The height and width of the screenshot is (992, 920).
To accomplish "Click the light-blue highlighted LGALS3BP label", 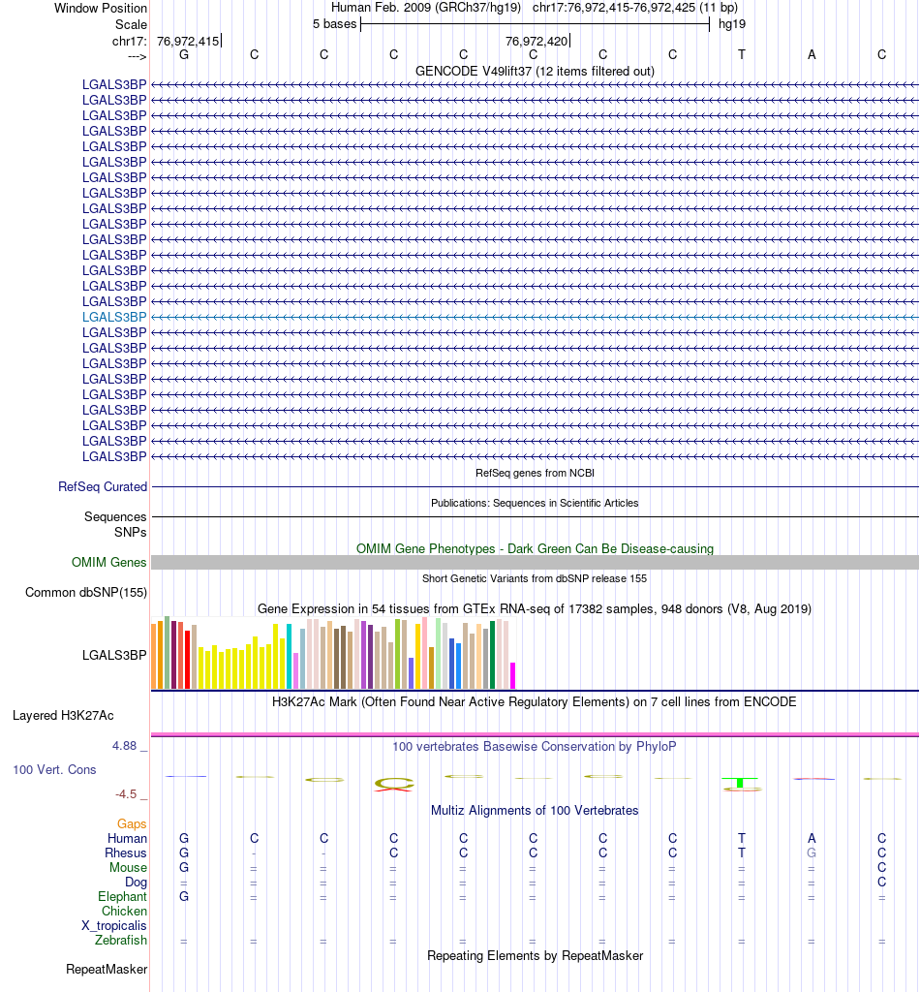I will [114, 317].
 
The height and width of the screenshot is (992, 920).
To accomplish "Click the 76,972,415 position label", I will [188, 41].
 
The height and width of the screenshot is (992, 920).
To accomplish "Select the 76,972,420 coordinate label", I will [537, 41].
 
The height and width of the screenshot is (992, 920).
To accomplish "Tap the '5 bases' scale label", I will [334, 23].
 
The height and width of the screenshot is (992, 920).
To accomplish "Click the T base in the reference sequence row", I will [742, 54].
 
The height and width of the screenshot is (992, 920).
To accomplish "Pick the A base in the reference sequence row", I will [812, 54].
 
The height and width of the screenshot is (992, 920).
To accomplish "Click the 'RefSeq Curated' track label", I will [103, 486].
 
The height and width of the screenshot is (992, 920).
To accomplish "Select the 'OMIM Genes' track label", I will [109, 562].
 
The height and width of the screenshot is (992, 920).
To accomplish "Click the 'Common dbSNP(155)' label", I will [86, 592].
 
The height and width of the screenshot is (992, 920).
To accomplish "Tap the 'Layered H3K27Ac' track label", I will [63, 716].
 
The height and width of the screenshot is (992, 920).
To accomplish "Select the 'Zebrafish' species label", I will [121, 940].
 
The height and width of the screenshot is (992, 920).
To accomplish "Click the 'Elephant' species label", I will [122, 897].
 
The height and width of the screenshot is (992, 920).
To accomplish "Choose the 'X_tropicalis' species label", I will [114, 925].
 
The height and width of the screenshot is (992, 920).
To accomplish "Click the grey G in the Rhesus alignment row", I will [812, 853].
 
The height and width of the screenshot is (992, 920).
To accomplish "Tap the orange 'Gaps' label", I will [132, 823].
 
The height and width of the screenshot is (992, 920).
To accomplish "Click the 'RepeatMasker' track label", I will [107, 969].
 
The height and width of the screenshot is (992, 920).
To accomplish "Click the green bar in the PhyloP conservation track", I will [740, 782].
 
